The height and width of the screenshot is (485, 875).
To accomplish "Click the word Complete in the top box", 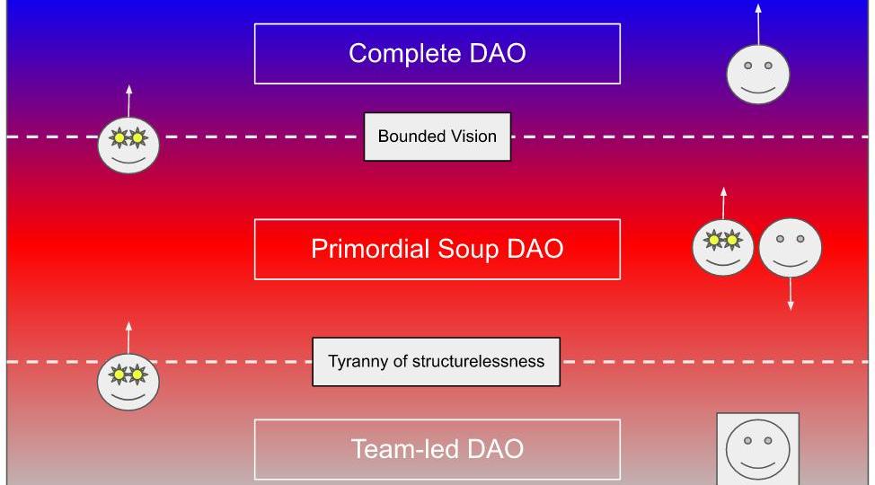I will (x=405, y=54).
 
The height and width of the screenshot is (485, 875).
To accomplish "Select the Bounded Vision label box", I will (x=437, y=137).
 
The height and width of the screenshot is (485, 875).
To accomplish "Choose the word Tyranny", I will (x=355, y=362).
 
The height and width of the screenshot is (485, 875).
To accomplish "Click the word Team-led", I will (x=404, y=449).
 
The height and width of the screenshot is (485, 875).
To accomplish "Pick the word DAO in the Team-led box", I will (x=495, y=449).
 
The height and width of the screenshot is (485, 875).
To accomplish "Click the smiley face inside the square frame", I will (x=757, y=449).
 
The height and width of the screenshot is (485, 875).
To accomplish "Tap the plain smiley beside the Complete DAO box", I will (x=758, y=73).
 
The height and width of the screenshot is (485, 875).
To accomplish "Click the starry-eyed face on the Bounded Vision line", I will (x=128, y=145).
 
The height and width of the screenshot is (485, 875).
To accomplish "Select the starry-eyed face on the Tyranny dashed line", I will (x=128, y=380).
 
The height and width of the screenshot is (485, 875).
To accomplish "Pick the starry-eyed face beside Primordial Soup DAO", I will (x=723, y=247).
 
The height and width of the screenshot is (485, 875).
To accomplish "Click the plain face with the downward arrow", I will (x=791, y=247).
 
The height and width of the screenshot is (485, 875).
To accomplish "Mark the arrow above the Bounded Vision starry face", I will (x=128, y=100).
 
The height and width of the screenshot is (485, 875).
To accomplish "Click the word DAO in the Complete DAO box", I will (x=499, y=54).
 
